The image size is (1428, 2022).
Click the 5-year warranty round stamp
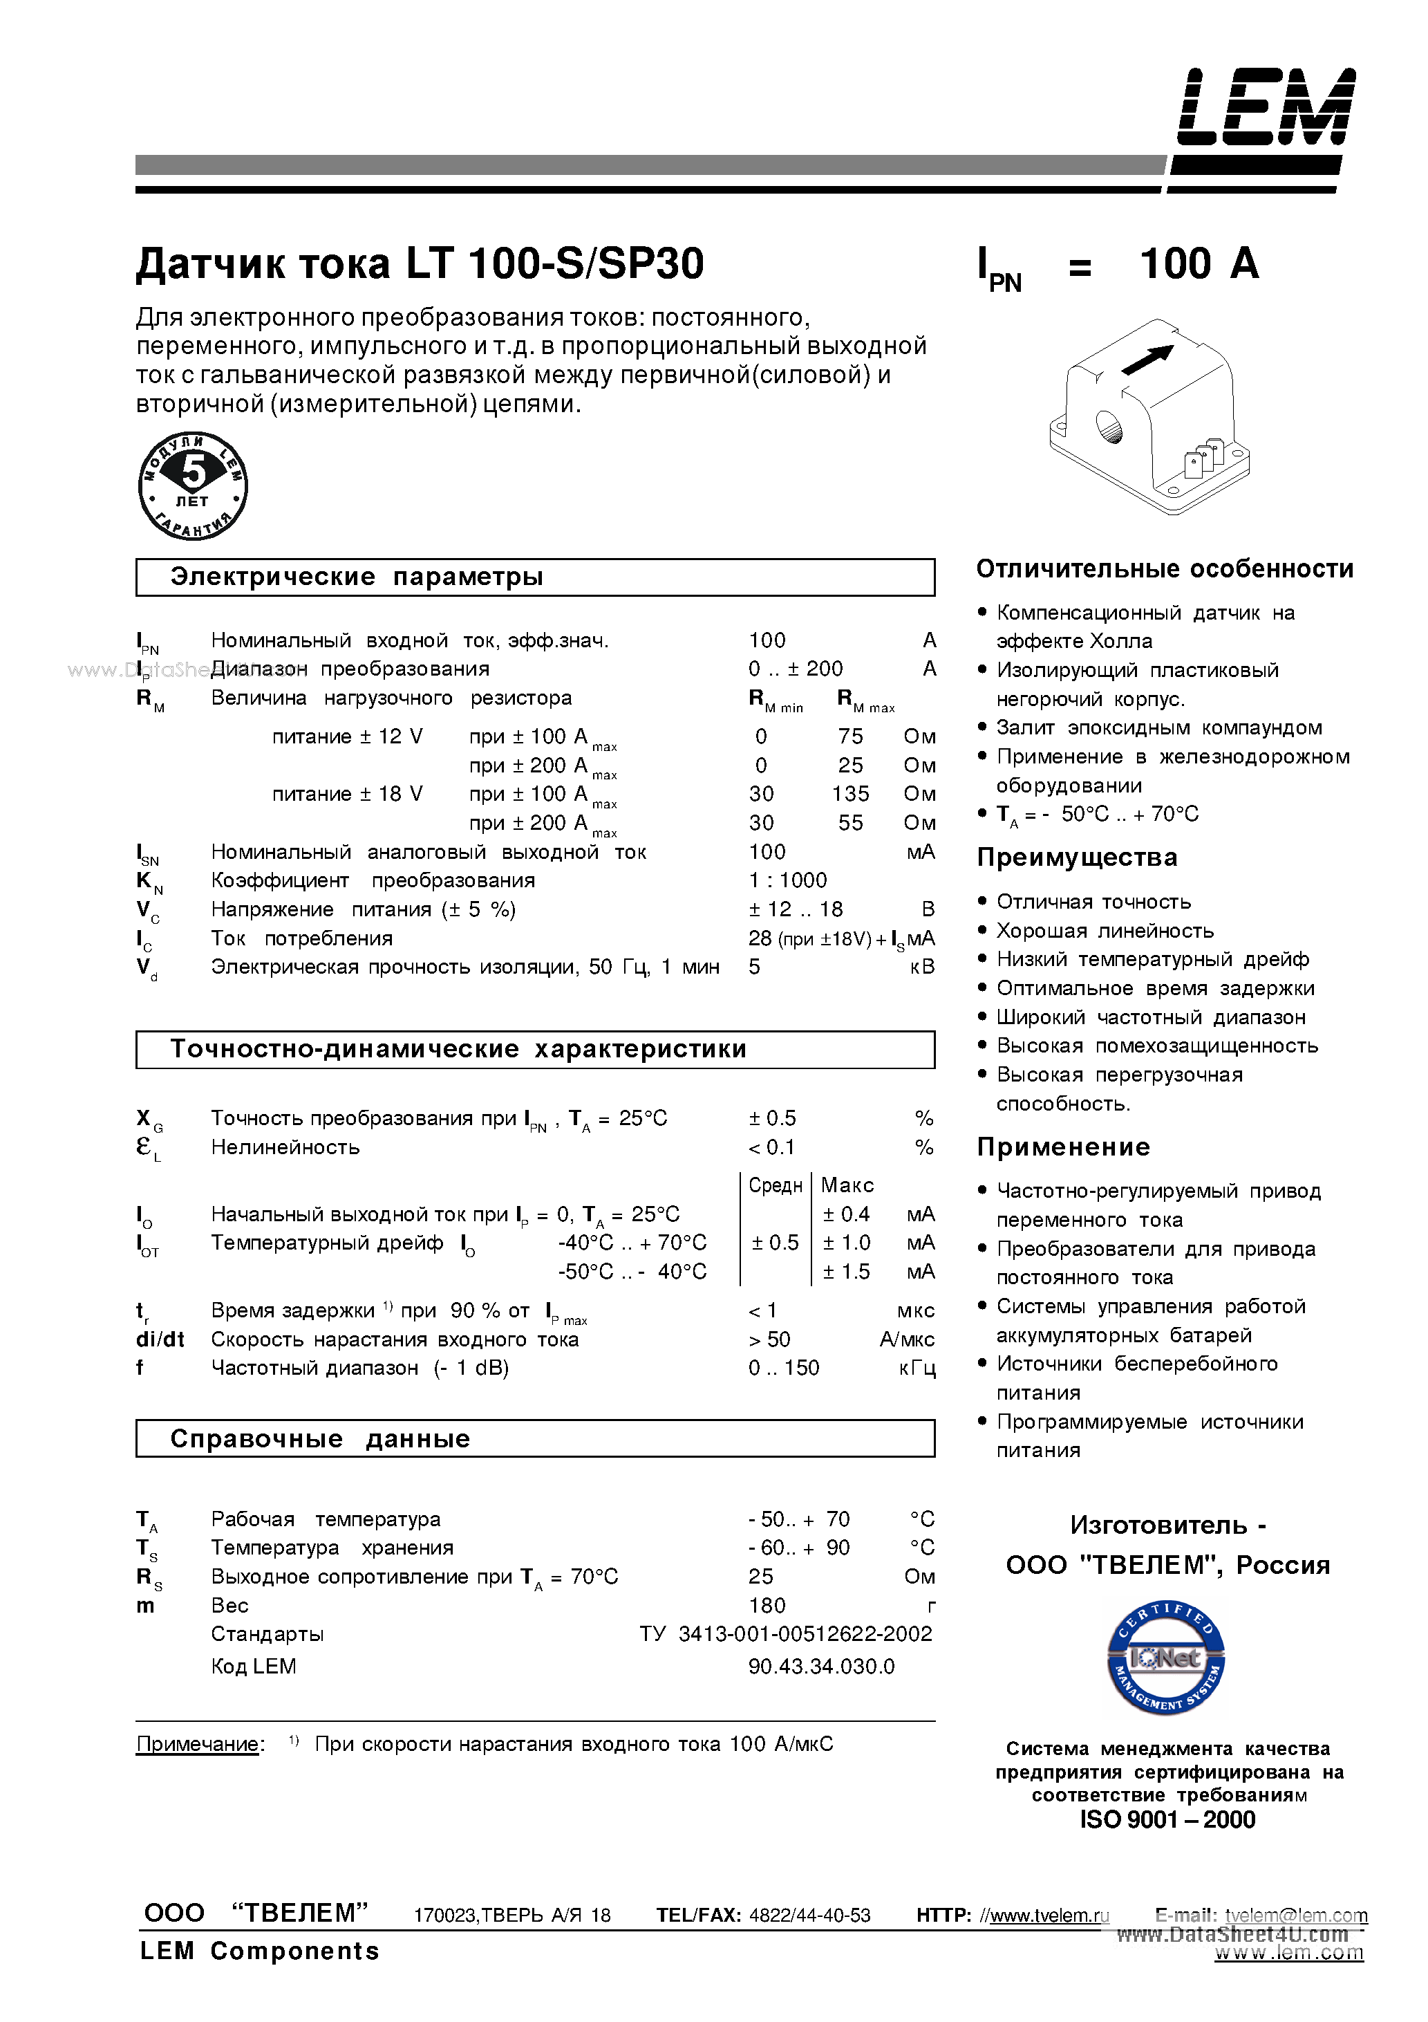point(193,485)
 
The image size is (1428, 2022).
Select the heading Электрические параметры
point(357,577)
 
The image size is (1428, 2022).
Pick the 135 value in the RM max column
point(849,793)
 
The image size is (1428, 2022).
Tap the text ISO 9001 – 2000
point(1167,1819)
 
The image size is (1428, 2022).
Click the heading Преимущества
point(1077,857)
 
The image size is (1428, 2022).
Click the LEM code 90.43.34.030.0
point(820,1666)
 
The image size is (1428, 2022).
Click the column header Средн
point(775,1185)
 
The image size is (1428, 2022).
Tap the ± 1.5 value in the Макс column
point(846,1272)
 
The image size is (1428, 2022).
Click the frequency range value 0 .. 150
point(784,1368)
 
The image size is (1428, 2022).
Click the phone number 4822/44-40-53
point(809,1916)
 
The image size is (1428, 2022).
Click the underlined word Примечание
point(198,1744)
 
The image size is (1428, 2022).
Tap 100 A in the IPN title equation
point(1199,263)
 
